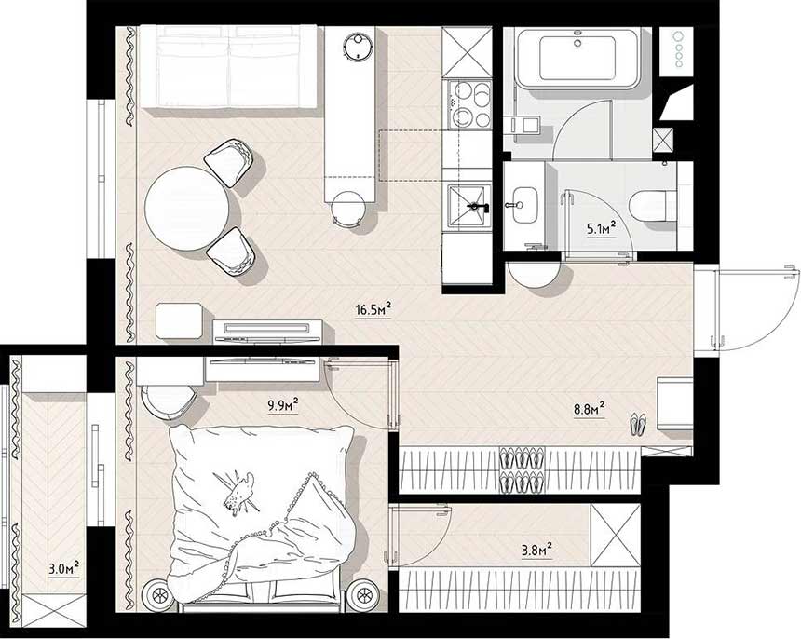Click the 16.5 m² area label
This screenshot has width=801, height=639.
[373, 309]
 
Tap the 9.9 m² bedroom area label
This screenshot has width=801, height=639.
[283, 405]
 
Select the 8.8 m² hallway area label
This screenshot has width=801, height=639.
[589, 410]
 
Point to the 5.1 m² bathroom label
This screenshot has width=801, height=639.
[601, 228]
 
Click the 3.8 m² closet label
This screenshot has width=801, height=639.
[536, 551]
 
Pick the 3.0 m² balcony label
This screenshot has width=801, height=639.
[64, 568]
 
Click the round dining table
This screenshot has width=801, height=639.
[186, 209]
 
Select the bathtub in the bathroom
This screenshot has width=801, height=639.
[577, 59]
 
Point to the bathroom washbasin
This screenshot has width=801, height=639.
[524, 205]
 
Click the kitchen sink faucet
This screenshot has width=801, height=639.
[478, 207]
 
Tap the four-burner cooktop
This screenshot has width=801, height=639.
[469, 104]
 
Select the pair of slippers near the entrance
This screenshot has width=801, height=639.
[638, 424]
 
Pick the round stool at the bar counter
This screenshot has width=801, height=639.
[348, 209]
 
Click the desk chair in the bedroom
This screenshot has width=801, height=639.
[169, 401]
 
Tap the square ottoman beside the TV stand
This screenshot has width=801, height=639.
[180, 320]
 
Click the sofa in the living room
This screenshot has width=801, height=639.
[228, 67]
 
